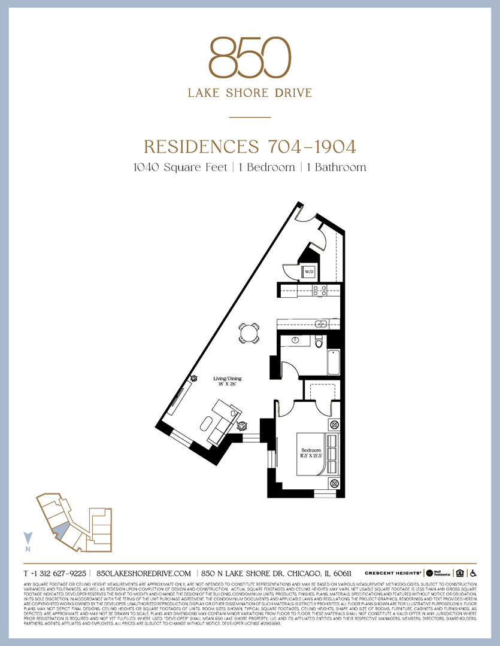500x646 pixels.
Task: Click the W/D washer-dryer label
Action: (x=309, y=272)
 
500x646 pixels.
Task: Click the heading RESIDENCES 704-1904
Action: (x=250, y=147)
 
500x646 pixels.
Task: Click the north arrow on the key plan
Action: (x=27, y=539)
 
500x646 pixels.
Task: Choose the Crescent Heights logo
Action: (x=393, y=572)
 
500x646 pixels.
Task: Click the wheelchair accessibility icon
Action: (x=472, y=572)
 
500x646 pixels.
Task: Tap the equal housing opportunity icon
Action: (x=460, y=572)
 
